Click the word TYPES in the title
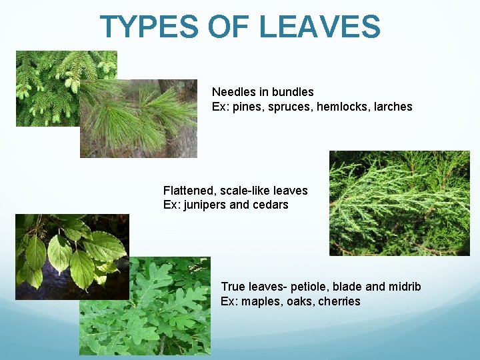[149, 27]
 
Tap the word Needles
[234, 91]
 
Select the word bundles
[293, 91]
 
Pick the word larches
[393, 106]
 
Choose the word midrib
[404, 287]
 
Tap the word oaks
[301, 301]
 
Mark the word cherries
[339, 301]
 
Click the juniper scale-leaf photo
[399, 203]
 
